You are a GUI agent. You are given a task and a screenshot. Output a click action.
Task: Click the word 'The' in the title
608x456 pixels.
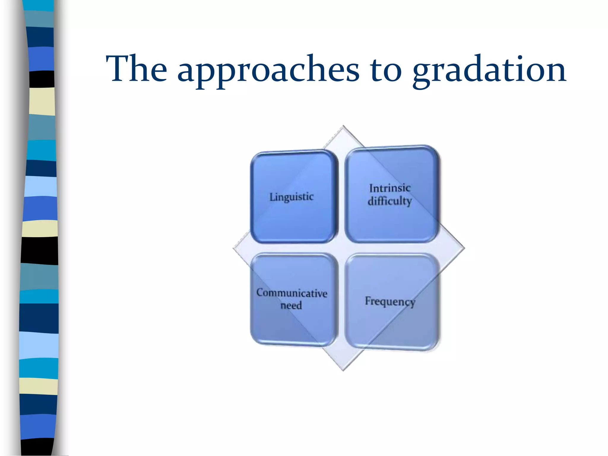pyautogui.click(x=137, y=69)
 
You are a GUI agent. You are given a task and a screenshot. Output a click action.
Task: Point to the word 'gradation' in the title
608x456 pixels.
pyautogui.click(x=489, y=71)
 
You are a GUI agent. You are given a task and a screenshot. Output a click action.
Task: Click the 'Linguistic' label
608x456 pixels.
pyautogui.click(x=291, y=197)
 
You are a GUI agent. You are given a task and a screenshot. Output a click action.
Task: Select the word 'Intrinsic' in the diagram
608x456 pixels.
pyautogui.click(x=390, y=188)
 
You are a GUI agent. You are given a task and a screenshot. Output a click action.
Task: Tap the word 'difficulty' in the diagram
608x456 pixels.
pyautogui.click(x=389, y=201)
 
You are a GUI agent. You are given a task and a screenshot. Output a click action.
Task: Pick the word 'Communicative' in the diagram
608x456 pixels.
pyautogui.click(x=292, y=293)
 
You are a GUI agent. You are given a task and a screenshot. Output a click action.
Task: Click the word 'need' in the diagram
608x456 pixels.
pyautogui.click(x=291, y=305)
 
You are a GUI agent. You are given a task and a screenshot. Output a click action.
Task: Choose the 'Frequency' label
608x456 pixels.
pyautogui.click(x=390, y=302)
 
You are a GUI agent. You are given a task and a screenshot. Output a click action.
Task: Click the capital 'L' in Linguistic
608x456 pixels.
pyautogui.click(x=272, y=197)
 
